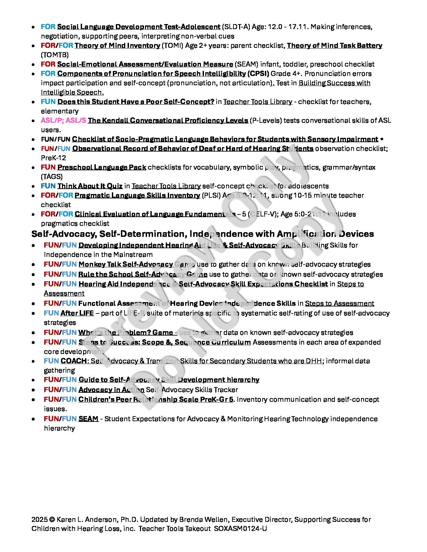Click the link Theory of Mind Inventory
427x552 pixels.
117,45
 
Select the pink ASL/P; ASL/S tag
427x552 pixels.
63,120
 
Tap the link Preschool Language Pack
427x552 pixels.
102,167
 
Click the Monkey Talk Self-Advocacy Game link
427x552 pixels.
137,264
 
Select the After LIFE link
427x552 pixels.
77,313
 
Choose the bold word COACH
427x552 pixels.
74,361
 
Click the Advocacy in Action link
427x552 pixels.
111,390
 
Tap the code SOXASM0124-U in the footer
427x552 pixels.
240,529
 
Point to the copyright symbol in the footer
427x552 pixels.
52,520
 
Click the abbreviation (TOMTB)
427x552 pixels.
55,55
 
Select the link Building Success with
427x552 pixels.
334,83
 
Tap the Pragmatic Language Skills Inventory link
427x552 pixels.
137,195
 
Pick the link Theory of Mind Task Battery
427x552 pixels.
334,45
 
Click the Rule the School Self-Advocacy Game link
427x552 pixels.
143,274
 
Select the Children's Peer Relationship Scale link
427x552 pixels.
156,399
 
